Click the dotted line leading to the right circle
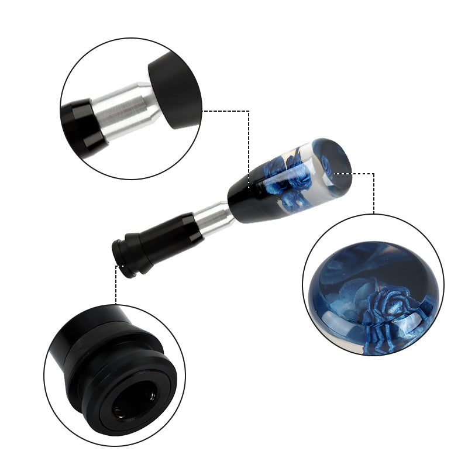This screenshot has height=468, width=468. click(x=373, y=193)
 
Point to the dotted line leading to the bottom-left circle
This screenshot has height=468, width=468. click(x=116, y=287)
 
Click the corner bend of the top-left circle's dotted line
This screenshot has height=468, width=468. click(x=249, y=110)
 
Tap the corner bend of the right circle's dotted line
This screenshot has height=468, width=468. click(x=373, y=173)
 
